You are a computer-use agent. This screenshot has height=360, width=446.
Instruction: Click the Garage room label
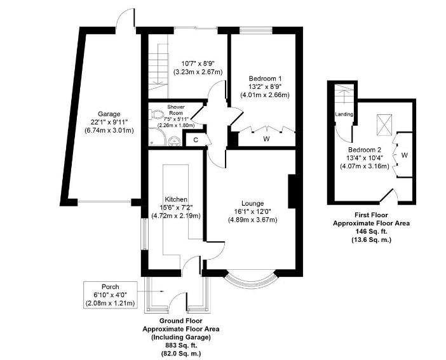pos(102,114)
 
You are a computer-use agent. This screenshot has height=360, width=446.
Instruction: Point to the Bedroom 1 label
pos(264,78)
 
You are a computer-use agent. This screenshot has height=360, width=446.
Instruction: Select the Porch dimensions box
pos(110,295)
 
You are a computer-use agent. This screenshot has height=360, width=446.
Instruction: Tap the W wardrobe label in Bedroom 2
pos(405,154)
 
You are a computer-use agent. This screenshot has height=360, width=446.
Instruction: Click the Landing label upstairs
pos(344,115)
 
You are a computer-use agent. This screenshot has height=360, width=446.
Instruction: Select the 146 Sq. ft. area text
pos(371,232)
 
